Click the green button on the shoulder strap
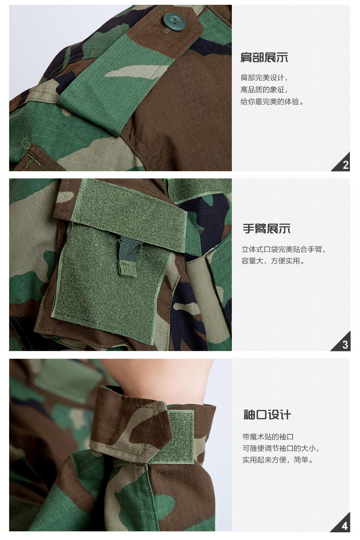pos(174,22)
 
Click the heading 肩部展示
pos(264,57)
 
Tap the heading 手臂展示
pos(266,228)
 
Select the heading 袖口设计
pos(267,415)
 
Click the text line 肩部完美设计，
pos(264,78)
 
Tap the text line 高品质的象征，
pos(264,90)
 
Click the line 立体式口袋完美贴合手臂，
pos(284,249)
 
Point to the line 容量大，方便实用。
pos(274,261)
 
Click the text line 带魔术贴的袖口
pos(268,437)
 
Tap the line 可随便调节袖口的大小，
pos(281,448)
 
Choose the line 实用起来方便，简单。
pos(278,460)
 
